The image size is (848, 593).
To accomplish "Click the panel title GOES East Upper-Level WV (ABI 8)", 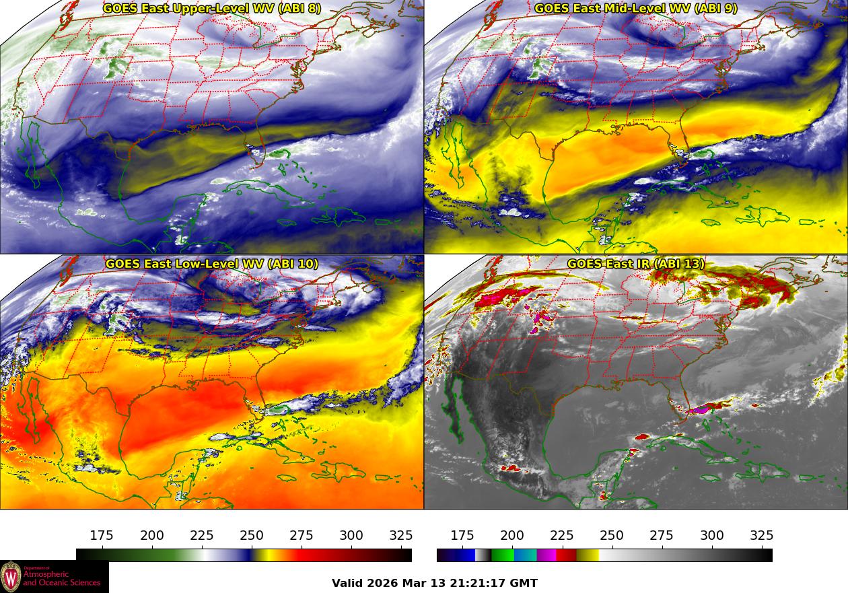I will click(212, 9).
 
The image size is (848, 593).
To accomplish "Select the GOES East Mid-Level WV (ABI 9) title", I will click(636, 9).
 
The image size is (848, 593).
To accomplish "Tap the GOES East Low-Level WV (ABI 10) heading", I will click(212, 264).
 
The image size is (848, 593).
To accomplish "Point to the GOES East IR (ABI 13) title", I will click(636, 264).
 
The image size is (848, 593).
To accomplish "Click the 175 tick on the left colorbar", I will click(102, 536).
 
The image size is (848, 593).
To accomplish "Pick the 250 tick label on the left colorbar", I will click(252, 536).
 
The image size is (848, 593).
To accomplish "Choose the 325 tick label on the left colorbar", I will click(401, 536).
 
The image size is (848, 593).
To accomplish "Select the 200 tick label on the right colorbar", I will click(512, 536).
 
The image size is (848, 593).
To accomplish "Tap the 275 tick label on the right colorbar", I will click(662, 536).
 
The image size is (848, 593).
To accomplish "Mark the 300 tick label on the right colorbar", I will click(712, 536).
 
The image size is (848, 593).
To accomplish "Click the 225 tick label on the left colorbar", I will click(202, 536).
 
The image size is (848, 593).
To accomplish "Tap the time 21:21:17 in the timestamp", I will click(479, 584).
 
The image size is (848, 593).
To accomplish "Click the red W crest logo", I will click(11, 577).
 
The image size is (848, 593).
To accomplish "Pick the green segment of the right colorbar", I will click(502, 555).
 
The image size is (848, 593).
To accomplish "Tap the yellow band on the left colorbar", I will click(264, 555).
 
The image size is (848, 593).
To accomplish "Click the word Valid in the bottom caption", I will click(348, 584).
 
